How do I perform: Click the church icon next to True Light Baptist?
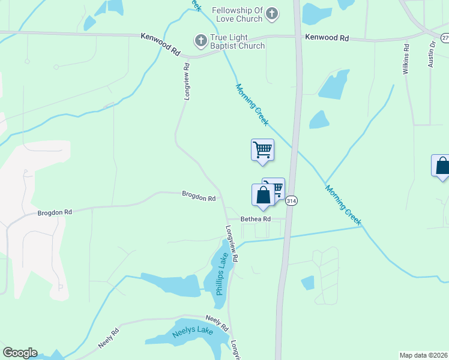point(200,41)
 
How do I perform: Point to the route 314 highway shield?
point(291,200)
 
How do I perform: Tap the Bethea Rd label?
point(256,219)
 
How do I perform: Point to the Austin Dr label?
point(431,55)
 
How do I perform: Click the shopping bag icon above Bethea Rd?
point(263,196)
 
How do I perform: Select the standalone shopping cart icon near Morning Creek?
point(262,149)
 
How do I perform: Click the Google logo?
point(20,353)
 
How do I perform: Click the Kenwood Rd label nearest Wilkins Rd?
point(327,37)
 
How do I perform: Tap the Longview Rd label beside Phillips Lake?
point(232,244)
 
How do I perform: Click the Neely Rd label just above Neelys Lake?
point(217,323)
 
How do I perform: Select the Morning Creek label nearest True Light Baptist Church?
point(252,104)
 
